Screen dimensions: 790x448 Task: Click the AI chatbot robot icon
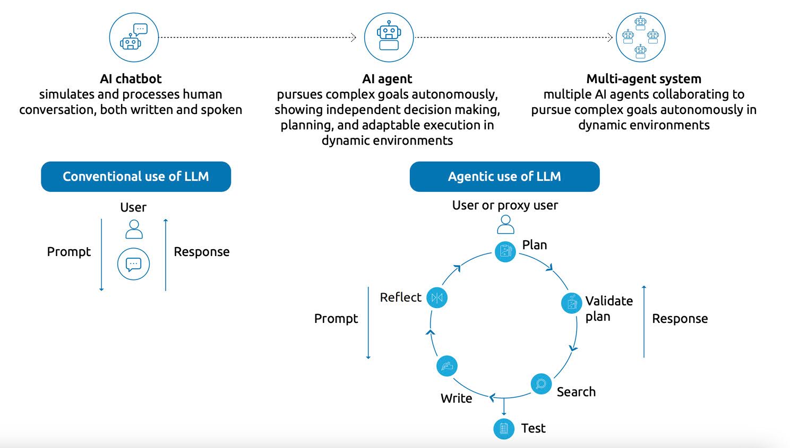[134, 37]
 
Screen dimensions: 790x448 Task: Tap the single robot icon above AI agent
[389, 37]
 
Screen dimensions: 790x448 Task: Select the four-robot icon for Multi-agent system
[640, 37]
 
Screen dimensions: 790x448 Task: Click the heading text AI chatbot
[131, 78]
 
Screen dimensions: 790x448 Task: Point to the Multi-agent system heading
[643, 79]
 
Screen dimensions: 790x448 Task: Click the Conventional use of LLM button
[136, 177]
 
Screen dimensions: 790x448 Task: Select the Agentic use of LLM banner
[505, 177]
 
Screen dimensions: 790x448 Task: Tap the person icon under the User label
[134, 229]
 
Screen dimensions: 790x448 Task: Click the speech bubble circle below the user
[133, 264]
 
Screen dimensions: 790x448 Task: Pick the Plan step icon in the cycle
[505, 251]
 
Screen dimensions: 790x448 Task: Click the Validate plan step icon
[571, 303]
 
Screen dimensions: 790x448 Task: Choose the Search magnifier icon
[541, 384]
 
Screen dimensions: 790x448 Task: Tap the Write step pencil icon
[447, 366]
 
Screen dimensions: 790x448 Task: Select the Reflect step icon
[437, 297]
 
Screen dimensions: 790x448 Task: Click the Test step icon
[504, 428]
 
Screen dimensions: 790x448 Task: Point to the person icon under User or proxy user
[505, 225]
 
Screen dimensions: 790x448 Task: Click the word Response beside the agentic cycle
[680, 319]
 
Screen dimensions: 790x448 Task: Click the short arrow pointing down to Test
[504, 407]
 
